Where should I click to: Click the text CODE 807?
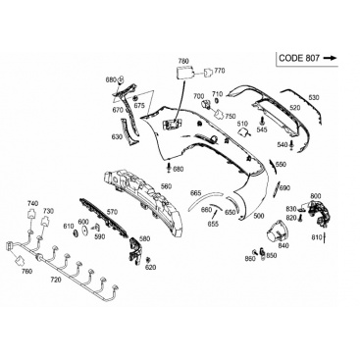[299, 58]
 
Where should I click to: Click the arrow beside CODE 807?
[330, 58]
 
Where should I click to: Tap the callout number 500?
[259, 216]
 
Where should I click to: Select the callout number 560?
[166, 186]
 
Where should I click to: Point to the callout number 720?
[56, 280]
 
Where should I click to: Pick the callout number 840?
[283, 246]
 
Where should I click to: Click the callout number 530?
[314, 97]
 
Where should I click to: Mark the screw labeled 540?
[291, 144]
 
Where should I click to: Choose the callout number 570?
[112, 212]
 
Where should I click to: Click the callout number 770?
[220, 71]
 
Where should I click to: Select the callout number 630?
[117, 137]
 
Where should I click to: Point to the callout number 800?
[316, 196]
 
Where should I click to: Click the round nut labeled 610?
[75, 233]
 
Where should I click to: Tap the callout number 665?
[195, 193]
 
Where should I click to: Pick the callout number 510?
[242, 124]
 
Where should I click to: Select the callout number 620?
[151, 268]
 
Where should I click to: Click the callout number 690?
[284, 188]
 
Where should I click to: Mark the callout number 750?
[231, 116]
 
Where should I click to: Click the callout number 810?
[317, 237]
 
